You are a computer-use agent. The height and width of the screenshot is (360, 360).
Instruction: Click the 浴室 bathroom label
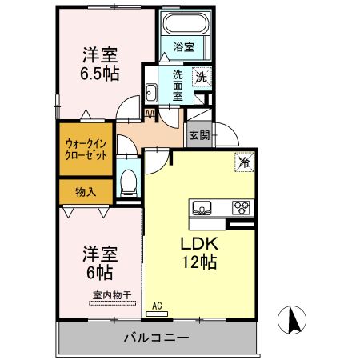[183, 47]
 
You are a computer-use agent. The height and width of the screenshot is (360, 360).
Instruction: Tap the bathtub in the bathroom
[183, 23]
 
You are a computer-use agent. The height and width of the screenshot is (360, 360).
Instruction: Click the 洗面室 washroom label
[177, 84]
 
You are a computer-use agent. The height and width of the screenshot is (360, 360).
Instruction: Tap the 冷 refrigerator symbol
[242, 162]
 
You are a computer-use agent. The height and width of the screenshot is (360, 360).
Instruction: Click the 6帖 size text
[100, 273]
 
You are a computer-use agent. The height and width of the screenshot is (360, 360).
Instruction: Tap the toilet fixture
[126, 182]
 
